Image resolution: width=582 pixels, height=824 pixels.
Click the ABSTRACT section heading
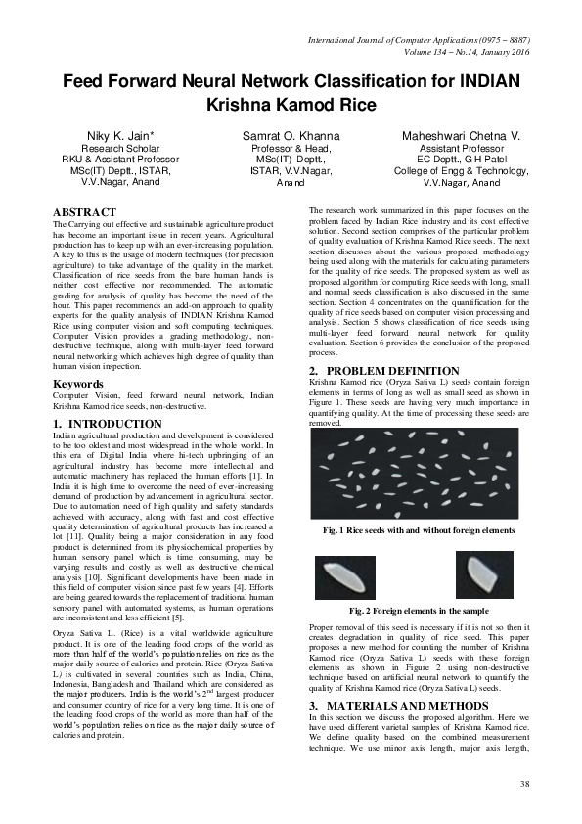pos(84,211)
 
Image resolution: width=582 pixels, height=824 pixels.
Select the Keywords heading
pos(80,384)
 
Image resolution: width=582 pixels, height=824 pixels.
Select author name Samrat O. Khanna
pos(291,134)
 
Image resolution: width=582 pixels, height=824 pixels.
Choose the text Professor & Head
pos(291,148)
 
